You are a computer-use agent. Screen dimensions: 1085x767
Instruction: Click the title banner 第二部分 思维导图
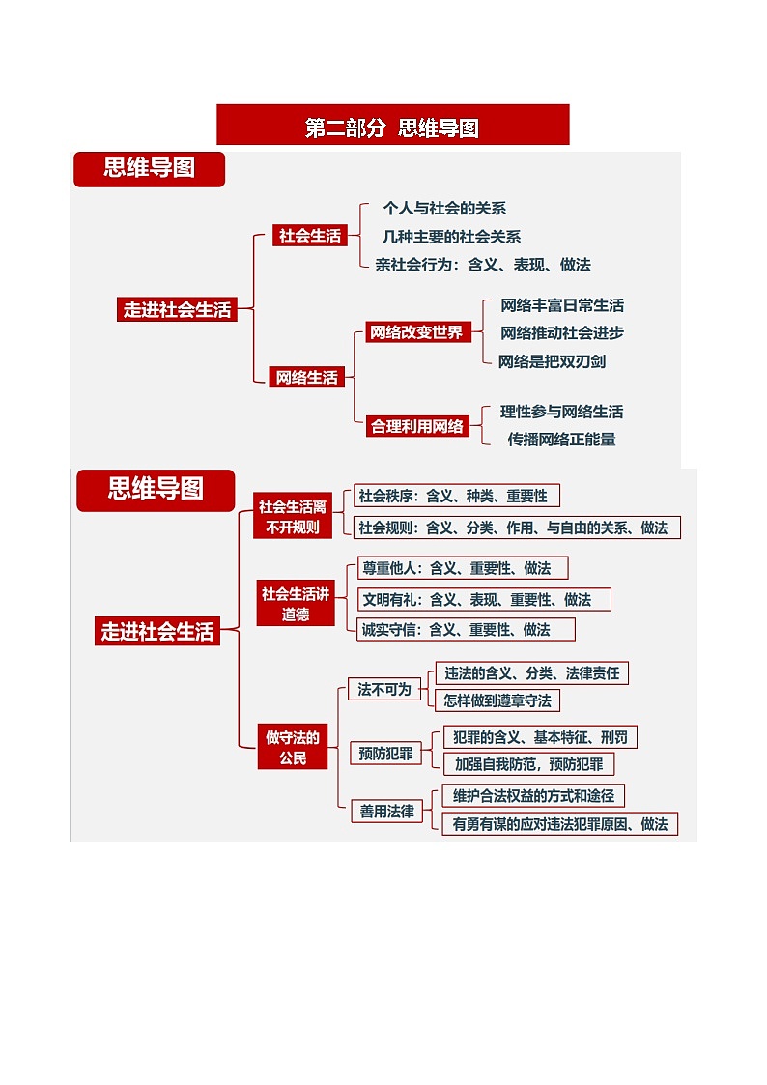click(x=392, y=128)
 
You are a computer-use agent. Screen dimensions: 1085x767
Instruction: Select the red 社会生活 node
click(x=309, y=236)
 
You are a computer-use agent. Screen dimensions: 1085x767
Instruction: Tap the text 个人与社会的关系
click(x=444, y=208)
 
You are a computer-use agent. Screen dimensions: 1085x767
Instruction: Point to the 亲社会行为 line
click(x=483, y=264)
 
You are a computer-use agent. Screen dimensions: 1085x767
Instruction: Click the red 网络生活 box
click(x=307, y=377)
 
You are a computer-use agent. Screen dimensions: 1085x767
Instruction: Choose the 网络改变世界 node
click(x=416, y=332)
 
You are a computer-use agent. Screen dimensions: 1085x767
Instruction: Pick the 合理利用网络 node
click(x=416, y=426)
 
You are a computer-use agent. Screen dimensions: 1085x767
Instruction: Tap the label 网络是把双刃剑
click(x=553, y=361)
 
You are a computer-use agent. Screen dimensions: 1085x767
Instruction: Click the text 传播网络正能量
click(x=561, y=439)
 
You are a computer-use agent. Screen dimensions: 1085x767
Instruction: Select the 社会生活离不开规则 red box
click(x=293, y=517)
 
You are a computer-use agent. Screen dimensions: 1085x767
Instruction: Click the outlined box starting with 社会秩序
click(x=456, y=497)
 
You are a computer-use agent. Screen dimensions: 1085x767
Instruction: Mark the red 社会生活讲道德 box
click(x=295, y=604)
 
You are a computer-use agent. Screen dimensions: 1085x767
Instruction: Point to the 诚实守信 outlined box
click(x=466, y=629)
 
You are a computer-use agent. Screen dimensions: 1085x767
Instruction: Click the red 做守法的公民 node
click(x=293, y=748)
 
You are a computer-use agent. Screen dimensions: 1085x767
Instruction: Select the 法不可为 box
click(x=384, y=690)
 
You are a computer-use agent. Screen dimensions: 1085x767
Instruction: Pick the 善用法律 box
click(x=386, y=812)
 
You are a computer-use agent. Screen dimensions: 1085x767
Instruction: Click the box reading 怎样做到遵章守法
click(x=497, y=700)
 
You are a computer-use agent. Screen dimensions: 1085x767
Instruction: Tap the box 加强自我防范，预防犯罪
click(x=528, y=764)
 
